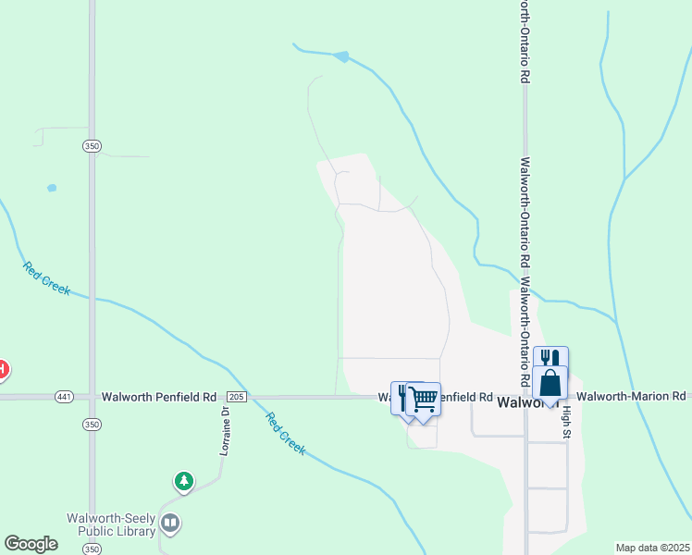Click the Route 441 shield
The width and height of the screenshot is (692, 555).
tap(64, 397)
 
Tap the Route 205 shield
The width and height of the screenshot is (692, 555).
tap(236, 397)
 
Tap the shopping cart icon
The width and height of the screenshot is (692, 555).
tap(424, 400)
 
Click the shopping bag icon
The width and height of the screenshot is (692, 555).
tap(550, 383)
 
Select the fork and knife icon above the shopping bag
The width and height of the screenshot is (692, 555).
tap(550, 358)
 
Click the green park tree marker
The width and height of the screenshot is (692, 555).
tap(185, 481)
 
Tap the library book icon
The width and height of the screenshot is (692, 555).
tap(170, 524)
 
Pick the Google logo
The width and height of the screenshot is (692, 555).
tap(31, 544)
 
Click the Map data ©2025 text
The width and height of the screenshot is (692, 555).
tap(651, 548)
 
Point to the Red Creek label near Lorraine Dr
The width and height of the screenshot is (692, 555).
tap(286, 432)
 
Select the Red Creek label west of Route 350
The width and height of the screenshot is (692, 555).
tap(47, 278)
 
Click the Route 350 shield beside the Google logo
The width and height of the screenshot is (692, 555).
tap(91, 549)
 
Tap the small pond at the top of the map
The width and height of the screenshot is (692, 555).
tap(342, 56)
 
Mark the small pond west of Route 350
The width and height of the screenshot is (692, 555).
tap(52, 188)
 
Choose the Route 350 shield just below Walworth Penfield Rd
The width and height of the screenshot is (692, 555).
tap(91, 424)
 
